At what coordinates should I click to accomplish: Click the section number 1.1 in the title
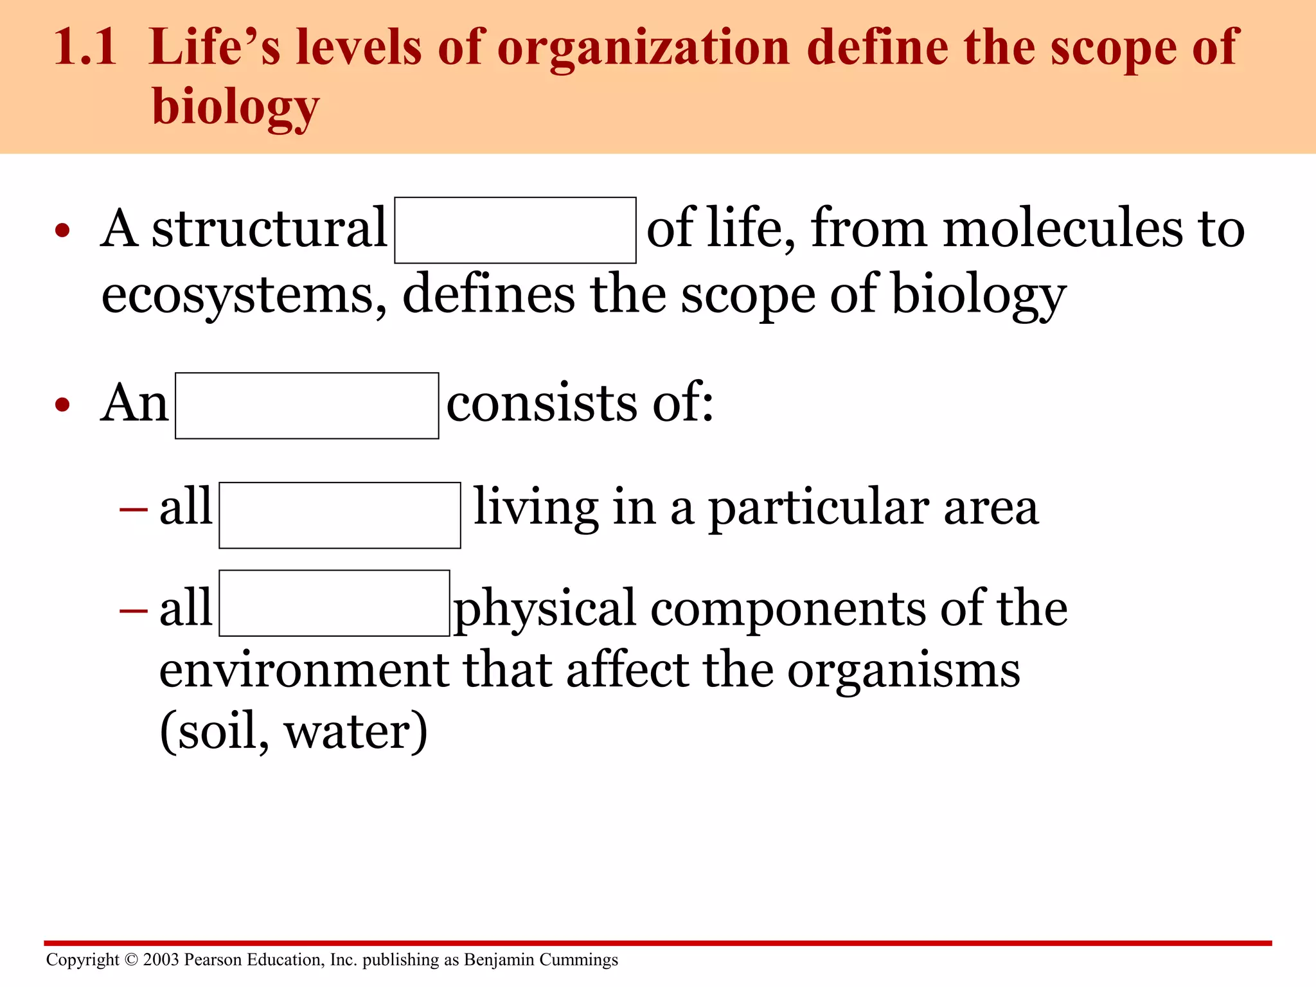click(x=85, y=48)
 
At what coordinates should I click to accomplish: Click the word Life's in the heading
click(x=214, y=48)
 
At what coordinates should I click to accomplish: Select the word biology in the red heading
click(x=235, y=107)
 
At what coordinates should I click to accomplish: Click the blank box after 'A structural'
click(x=515, y=230)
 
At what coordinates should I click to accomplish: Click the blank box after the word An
click(x=307, y=405)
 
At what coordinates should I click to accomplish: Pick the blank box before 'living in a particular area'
click(x=339, y=515)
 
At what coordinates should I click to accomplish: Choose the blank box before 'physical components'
click(x=334, y=603)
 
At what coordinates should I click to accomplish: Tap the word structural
click(x=269, y=229)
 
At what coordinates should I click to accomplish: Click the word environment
click(x=303, y=670)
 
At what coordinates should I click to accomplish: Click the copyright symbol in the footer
click(x=131, y=959)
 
